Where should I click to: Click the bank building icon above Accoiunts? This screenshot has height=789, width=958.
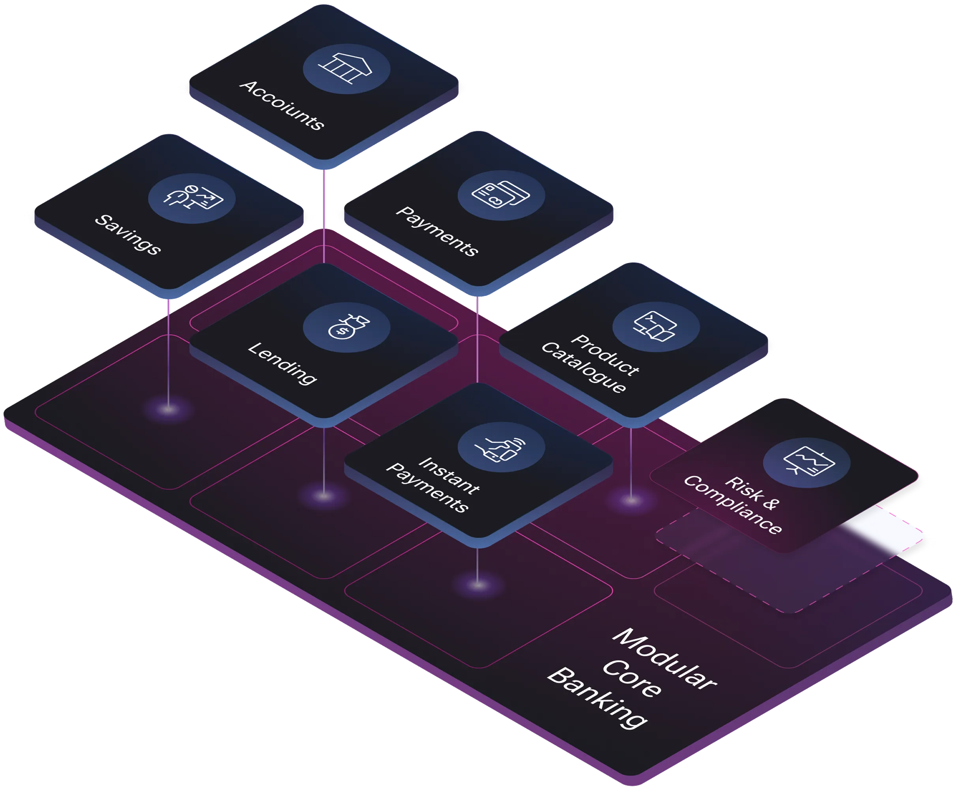click(x=345, y=68)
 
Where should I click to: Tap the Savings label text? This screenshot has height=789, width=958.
click(x=128, y=234)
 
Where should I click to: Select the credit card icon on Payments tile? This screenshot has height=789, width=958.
click(x=501, y=194)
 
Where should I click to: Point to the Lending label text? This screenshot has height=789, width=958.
click(x=282, y=363)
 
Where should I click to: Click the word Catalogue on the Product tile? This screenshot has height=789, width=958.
click(x=584, y=367)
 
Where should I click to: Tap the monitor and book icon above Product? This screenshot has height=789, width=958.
click(x=655, y=326)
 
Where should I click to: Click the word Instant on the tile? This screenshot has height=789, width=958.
click(x=449, y=475)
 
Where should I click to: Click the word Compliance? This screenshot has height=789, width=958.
click(x=733, y=505)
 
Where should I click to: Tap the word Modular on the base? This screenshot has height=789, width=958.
click(x=664, y=660)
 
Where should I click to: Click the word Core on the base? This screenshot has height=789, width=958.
click(x=632, y=678)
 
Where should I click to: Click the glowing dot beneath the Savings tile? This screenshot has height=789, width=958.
click(x=168, y=409)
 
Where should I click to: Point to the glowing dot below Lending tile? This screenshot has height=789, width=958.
click(x=324, y=496)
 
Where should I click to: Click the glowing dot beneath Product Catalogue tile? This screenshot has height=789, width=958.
click(x=631, y=500)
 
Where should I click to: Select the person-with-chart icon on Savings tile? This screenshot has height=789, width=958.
click(x=193, y=196)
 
